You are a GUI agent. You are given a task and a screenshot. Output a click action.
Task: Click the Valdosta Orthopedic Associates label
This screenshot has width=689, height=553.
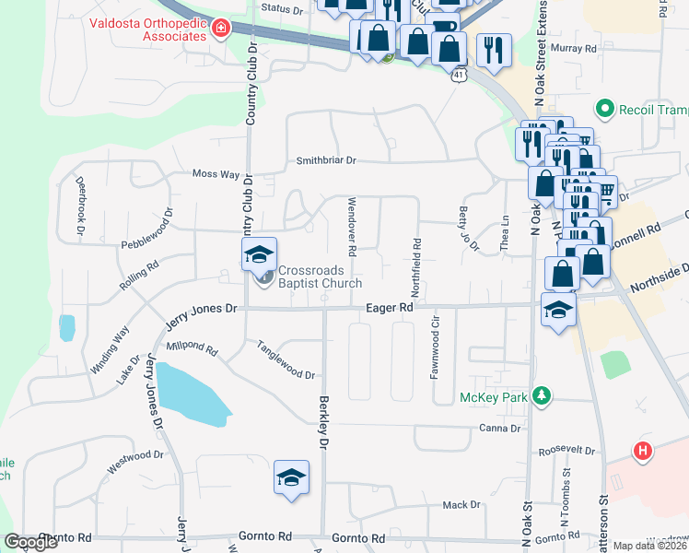[148, 29]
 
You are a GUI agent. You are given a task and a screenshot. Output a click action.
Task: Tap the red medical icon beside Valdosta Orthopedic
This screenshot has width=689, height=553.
[220, 29]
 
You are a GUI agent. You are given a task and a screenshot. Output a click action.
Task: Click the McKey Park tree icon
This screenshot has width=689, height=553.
[543, 396]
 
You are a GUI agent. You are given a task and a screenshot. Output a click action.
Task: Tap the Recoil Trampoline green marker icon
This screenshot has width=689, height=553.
[605, 110]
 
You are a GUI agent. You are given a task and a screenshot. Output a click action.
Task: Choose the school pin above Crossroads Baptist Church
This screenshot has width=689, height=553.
[259, 254]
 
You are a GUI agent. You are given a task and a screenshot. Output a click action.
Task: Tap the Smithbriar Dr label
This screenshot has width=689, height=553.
[325, 160]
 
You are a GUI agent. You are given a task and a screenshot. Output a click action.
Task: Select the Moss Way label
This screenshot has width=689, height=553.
[216, 173]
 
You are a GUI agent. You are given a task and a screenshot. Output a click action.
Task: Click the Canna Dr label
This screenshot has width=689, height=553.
[500, 429]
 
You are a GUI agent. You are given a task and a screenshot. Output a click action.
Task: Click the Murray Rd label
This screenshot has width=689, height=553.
[578, 48]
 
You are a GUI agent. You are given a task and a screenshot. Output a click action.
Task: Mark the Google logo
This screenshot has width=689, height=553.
[32, 542]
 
